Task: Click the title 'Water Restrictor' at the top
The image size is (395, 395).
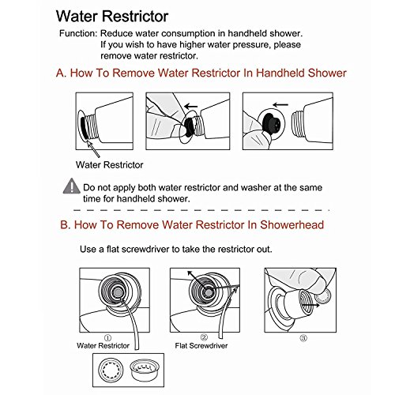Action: coord(112,17)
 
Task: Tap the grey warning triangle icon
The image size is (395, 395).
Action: coord(72,186)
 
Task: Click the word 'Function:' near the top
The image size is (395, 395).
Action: coord(78,33)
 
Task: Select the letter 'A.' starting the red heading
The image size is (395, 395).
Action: coord(62,73)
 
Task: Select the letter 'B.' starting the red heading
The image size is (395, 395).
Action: coord(66,225)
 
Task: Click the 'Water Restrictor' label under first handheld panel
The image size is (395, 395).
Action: coord(109,165)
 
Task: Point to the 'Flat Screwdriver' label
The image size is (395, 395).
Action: coord(201,345)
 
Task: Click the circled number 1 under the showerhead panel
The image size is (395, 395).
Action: coord(107,337)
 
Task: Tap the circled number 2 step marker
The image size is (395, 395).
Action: coord(204,337)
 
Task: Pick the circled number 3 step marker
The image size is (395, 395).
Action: coord(303,338)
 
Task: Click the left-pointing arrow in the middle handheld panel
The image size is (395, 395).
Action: coord(191,107)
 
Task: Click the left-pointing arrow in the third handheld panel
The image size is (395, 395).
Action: coord(280,105)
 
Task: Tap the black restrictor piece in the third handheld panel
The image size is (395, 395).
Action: coord(271,123)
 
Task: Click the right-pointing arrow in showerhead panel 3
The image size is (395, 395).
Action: coord(310,305)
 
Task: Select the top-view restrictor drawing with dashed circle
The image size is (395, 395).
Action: coord(111,369)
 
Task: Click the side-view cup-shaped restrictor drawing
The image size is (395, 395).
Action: coord(144,370)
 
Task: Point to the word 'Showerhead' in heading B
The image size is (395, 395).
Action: coord(292,225)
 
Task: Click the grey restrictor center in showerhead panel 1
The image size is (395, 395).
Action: coord(118,292)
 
